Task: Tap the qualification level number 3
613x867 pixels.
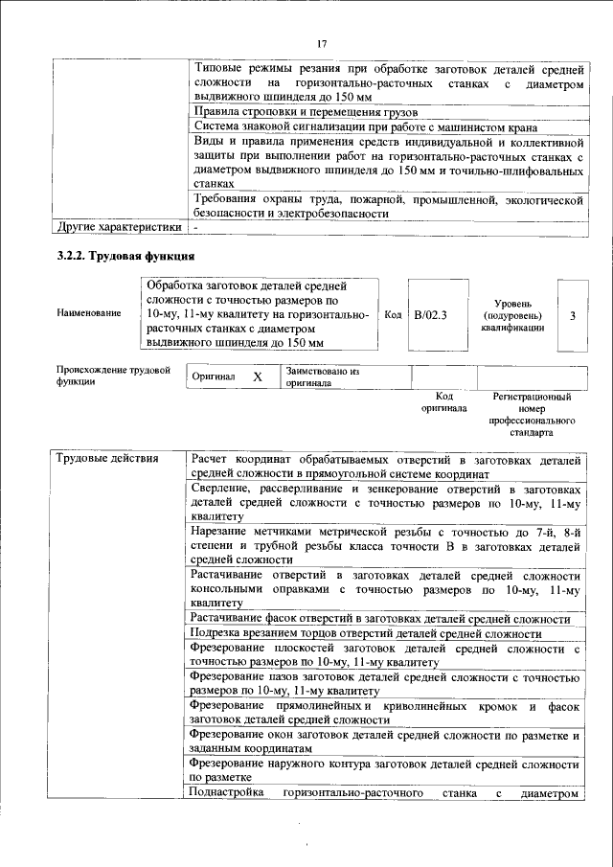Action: point(572,314)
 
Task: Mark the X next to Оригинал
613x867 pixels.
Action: point(257,377)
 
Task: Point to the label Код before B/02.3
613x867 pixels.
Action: point(393,314)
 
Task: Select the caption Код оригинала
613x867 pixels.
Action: point(443,401)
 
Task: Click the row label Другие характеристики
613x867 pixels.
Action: point(118,228)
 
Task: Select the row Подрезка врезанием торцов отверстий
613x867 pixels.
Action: point(366,634)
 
